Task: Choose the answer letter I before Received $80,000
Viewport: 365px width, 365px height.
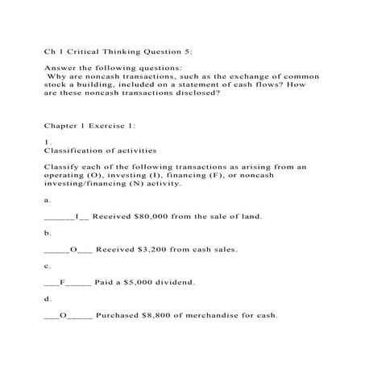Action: (x=77, y=217)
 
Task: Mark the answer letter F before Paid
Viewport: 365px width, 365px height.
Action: (x=62, y=283)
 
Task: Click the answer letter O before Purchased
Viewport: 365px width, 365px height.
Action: (x=62, y=315)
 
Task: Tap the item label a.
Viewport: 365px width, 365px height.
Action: (x=47, y=199)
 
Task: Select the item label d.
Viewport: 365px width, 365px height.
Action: (x=47, y=299)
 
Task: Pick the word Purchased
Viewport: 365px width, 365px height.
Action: (x=123, y=315)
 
